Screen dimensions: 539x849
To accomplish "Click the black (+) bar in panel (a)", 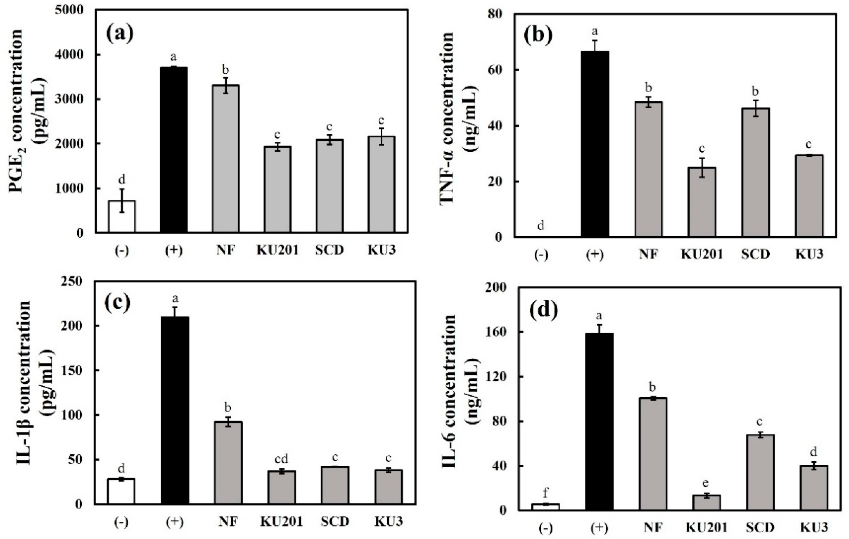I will coord(174,150).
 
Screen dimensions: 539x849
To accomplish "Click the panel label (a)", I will coord(120,33).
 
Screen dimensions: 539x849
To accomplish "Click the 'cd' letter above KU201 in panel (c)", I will coord(281,459).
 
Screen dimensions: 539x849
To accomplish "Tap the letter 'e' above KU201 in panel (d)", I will coord(706,483).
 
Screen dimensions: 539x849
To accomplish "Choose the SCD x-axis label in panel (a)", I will coord(329,250).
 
